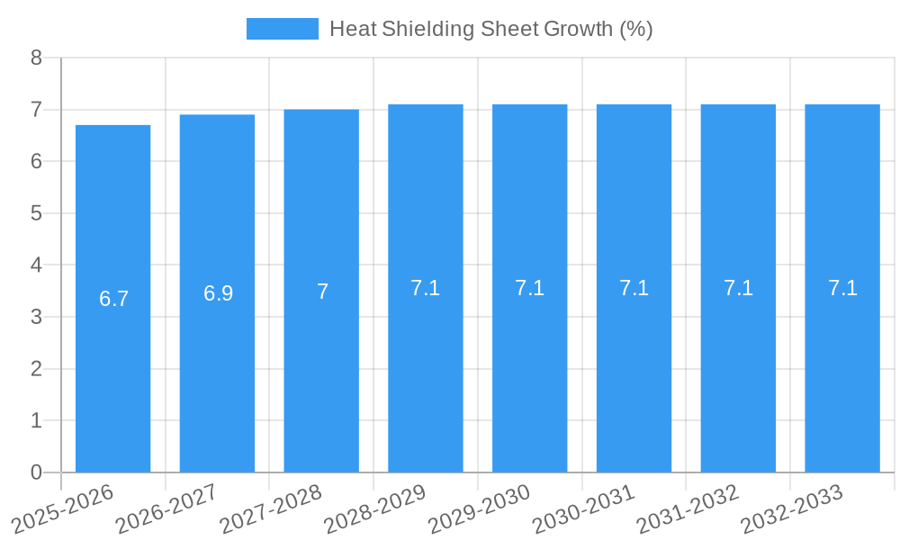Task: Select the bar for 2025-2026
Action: click(x=112, y=378)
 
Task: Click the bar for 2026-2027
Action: click(x=217, y=378)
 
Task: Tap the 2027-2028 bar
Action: click(x=321, y=378)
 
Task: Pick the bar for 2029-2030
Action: click(x=529, y=378)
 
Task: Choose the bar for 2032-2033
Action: click(x=842, y=378)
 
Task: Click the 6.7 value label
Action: click(x=114, y=299)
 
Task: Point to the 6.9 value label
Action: click(x=218, y=293)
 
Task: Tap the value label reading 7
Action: click(x=322, y=292)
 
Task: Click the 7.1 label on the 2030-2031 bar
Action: click(x=634, y=288)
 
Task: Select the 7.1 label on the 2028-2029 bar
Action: click(x=425, y=288)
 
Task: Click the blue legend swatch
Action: click(x=282, y=29)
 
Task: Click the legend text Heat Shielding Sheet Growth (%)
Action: click(x=490, y=29)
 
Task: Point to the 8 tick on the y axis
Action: click(x=37, y=58)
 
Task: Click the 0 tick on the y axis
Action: click(x=37, y=472)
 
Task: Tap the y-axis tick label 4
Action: click(x=37, y=265)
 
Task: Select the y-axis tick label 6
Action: click(x=37, y=162)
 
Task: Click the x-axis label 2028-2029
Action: click(x=374, y=509)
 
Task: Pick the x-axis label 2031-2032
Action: click(x=688, y=509)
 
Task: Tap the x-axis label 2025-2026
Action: click(x=62, y=509)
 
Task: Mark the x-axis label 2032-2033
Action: click(x=792, y=509)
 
